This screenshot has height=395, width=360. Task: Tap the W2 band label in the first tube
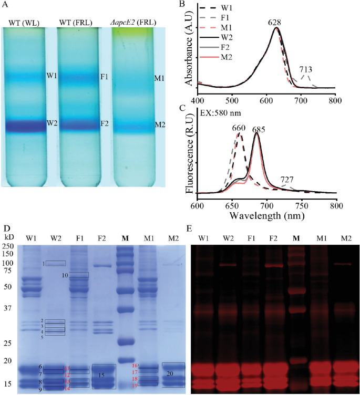[x=52, y=123]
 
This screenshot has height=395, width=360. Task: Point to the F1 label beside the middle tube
[x=104, y=77]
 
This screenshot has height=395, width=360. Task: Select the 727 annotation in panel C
[x=287, y=180]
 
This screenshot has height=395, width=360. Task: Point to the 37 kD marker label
[x=7, y=308]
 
